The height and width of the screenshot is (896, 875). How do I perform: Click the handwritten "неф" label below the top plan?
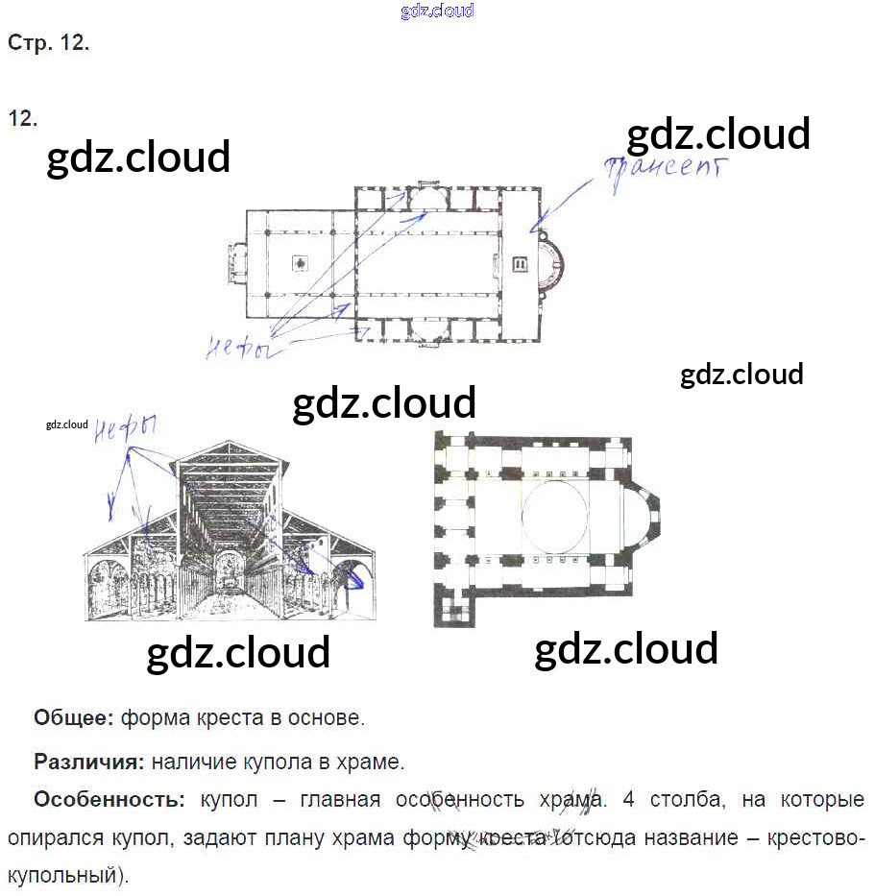click(236, 350)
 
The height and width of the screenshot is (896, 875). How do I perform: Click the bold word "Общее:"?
click(74, 717)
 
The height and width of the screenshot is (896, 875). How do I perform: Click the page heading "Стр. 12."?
click(48, 43)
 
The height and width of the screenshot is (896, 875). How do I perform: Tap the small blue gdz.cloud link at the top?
click(437, 12)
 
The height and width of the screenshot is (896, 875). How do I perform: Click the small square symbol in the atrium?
click(301, 263)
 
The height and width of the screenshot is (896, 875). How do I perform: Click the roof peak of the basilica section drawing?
click(229, 445)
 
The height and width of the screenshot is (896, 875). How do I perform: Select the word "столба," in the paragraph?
click(680, 799)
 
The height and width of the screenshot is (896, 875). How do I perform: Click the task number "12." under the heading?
click(23, 118)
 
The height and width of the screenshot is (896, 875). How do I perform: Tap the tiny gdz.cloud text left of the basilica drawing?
click(66, 424)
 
